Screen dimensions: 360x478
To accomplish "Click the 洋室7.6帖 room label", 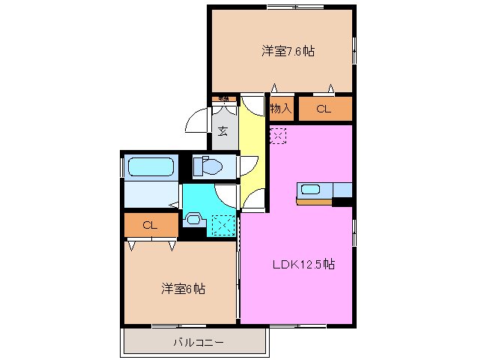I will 288,52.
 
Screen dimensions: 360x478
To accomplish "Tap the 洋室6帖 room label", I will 184,288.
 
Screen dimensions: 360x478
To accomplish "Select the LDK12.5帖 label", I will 303,264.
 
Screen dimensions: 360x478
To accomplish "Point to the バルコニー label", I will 193,342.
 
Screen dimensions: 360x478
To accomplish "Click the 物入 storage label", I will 281,109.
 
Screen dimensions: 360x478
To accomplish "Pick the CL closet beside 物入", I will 324,109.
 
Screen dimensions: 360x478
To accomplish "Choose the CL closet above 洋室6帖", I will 150,224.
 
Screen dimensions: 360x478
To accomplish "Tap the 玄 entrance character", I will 223,131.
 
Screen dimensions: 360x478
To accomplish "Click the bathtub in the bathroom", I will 151,166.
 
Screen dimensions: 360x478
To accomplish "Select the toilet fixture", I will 207,166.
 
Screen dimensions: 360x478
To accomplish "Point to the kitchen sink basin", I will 311,189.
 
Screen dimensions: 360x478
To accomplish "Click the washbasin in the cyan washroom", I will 193,220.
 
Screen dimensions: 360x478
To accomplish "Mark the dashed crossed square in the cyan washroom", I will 223,224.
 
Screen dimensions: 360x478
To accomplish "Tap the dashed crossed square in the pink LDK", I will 278,136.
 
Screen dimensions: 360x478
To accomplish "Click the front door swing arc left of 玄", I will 197,120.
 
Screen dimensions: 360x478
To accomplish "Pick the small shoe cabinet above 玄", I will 223,98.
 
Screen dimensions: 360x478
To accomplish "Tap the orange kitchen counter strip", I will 315,201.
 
